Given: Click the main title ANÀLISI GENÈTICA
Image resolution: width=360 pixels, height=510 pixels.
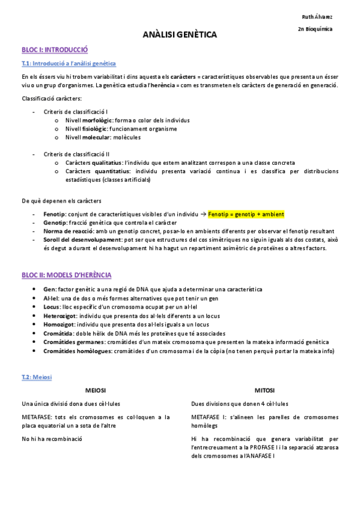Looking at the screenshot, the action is (x=180, y=35).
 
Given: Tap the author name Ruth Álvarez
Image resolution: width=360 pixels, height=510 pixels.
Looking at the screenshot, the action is (x=317, y=16).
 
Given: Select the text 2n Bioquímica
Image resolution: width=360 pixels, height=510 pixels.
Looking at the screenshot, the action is (x=315, y=29).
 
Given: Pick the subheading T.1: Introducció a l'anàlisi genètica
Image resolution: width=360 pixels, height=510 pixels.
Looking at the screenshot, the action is (x=69, y=63).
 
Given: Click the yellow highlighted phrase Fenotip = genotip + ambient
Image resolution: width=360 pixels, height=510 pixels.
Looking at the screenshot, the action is (x=246, y=214).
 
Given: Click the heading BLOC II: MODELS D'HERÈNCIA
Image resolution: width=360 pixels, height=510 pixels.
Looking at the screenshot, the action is (x=66, y=275).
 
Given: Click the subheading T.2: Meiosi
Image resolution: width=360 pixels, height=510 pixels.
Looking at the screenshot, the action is (x=37, y=376).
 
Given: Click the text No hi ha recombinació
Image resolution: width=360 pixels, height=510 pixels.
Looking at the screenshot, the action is (x=51, y=439).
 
